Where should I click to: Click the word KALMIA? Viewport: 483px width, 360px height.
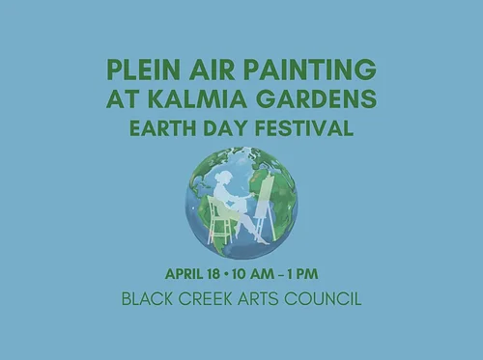213,99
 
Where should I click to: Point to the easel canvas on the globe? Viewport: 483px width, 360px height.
263,198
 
